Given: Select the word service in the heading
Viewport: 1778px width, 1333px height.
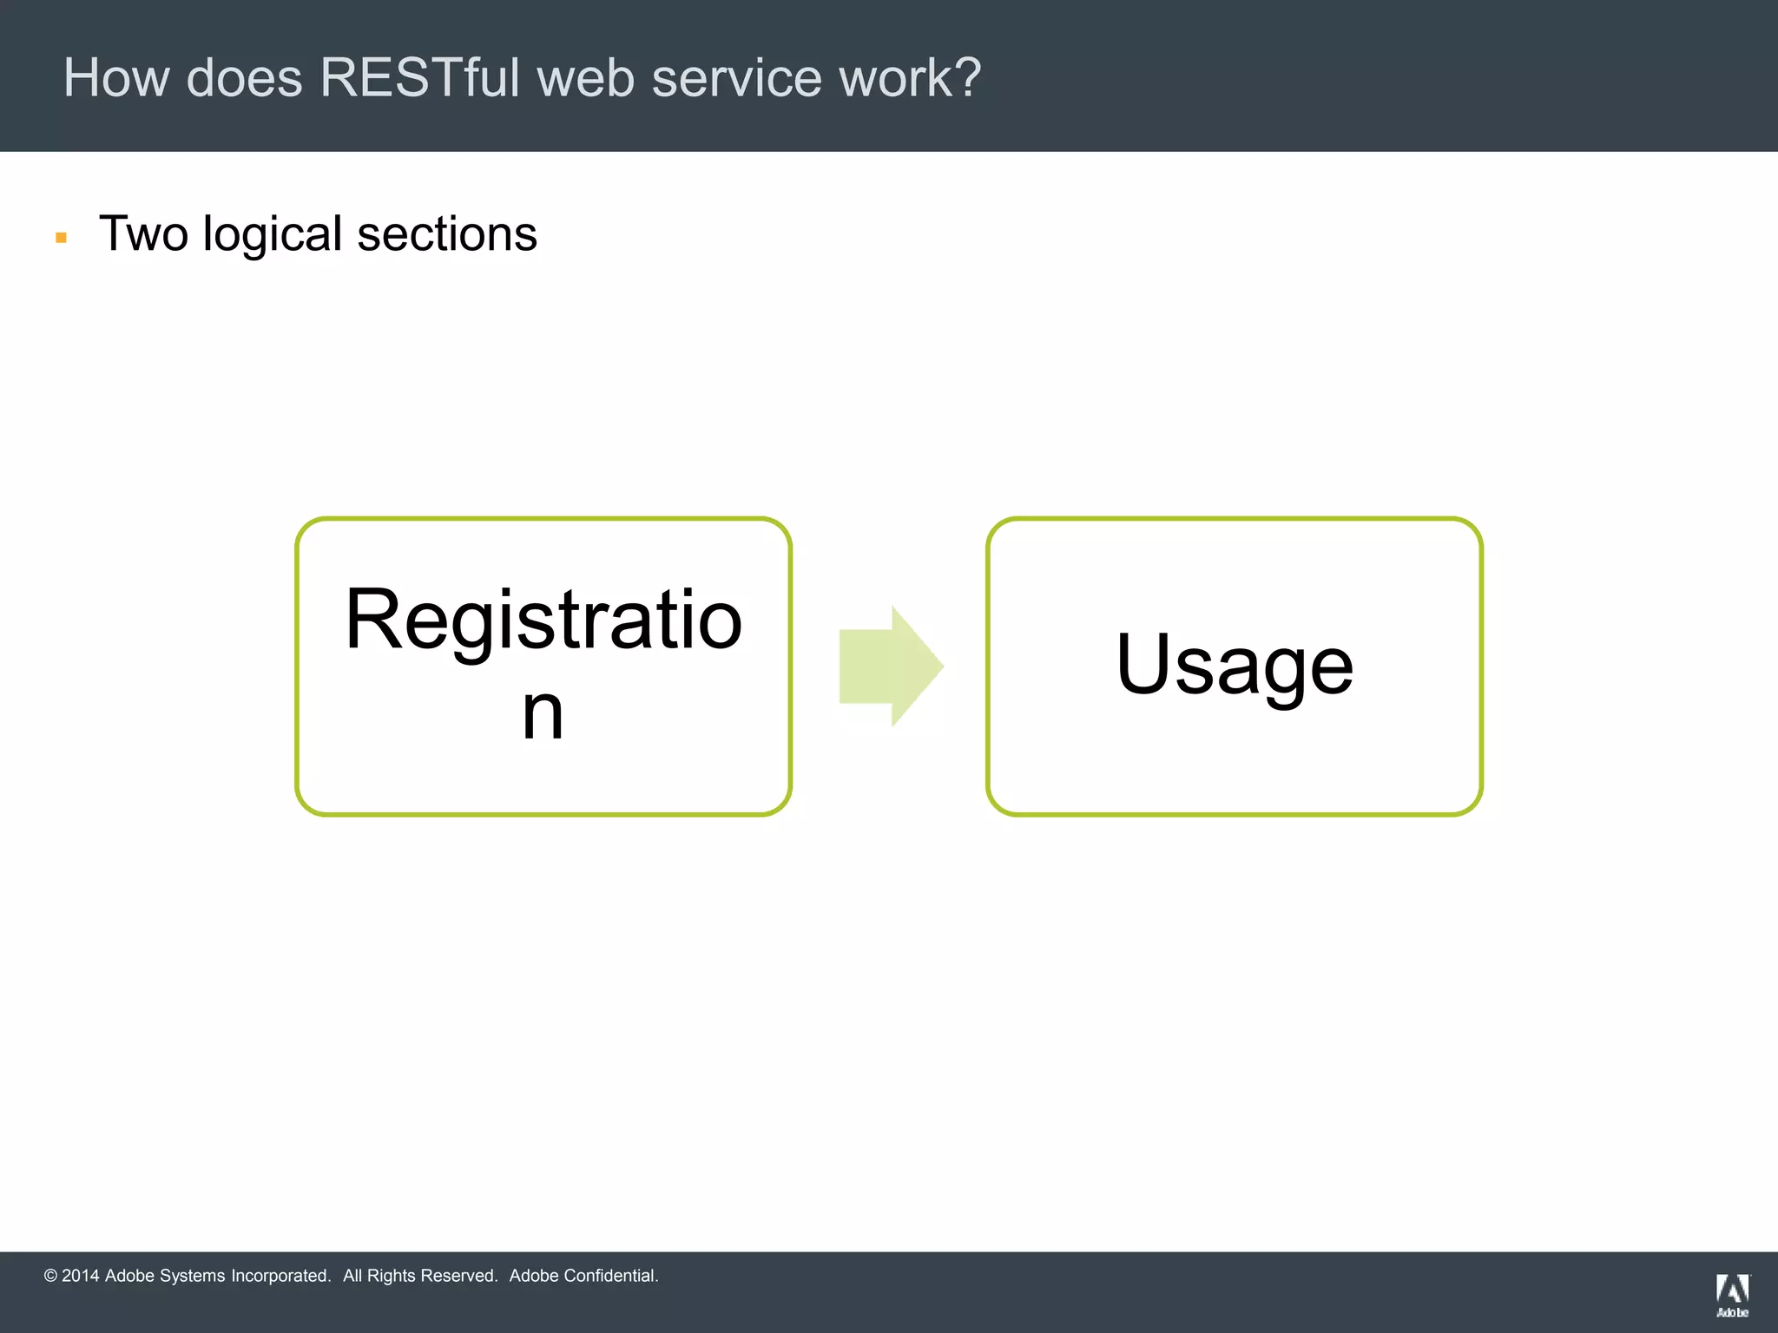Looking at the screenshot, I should click(735, 78).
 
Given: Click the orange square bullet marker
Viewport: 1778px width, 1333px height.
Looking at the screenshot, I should click(61, 238).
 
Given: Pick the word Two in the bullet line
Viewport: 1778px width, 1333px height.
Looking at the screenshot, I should click(143, 234).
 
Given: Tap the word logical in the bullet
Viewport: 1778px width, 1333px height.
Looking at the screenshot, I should click(273, 234).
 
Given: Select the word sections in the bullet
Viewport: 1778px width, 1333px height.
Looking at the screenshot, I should click(447, 234).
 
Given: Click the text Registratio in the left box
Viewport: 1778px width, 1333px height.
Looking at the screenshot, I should click(543, 620).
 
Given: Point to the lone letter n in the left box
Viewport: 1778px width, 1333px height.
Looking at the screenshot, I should click(543, 713).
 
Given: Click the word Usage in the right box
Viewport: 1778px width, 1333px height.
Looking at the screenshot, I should click(1234, 666).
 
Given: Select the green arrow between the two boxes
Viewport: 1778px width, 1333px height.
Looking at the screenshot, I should click(891, 666).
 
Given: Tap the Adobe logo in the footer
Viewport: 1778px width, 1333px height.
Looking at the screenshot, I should click(1732, 1296).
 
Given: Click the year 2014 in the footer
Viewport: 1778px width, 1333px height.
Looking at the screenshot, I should click(81, 1276).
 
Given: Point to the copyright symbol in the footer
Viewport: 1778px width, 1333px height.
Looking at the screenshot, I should click(50, 1276).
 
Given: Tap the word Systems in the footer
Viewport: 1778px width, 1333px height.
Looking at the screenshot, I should click(192, 1276).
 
